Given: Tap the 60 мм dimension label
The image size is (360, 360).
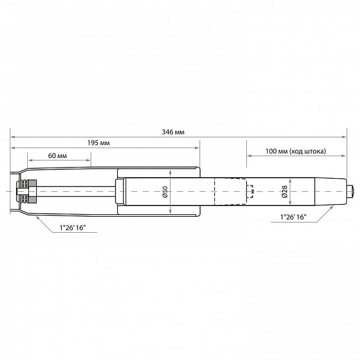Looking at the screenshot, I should [x=57, y=155].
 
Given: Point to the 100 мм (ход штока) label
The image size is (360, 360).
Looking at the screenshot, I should [x=296, y=152].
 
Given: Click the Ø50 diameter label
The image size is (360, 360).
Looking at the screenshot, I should [x=165, y=192].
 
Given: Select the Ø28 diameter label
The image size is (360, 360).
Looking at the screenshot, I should [x=285, y=192].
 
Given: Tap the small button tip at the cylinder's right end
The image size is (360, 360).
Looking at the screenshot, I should [x=353, y=191].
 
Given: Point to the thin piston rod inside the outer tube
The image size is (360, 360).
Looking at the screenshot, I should [x=77, y=190].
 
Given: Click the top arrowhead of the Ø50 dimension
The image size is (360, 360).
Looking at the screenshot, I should [x=171, y=170].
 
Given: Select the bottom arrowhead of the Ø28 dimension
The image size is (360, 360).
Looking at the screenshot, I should [x=290, y=205].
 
